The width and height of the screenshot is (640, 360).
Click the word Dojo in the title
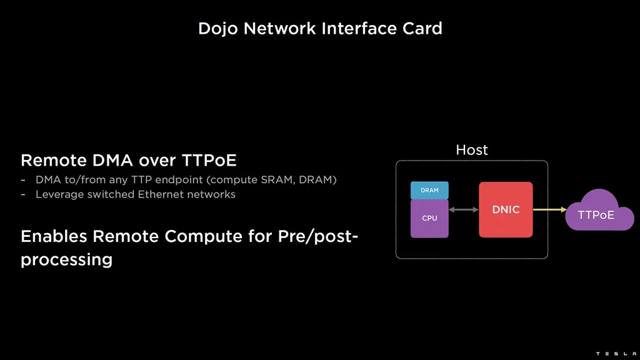tap(218, 29)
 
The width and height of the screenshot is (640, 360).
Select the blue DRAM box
tap(429, 190)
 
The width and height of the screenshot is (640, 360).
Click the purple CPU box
tap(429, 219)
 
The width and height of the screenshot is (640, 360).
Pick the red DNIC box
tap(506, 210)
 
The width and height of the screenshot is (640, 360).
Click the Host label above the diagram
tap(472, 150)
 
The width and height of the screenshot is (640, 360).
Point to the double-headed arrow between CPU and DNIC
tap(463, 210)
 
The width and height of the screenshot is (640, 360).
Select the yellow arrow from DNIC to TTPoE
tap(549, 210)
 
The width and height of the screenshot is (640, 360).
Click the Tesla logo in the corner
tap(615, 354)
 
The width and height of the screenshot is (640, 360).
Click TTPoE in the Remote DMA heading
tap(209, 161)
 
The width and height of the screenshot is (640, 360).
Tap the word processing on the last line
tap(66, 260)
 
